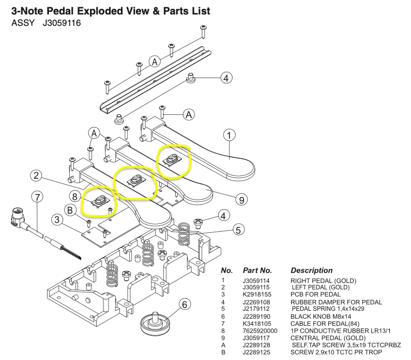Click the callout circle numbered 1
229,136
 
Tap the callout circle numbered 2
36,176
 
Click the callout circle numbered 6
185,305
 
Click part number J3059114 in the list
257,281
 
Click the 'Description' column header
312,271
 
